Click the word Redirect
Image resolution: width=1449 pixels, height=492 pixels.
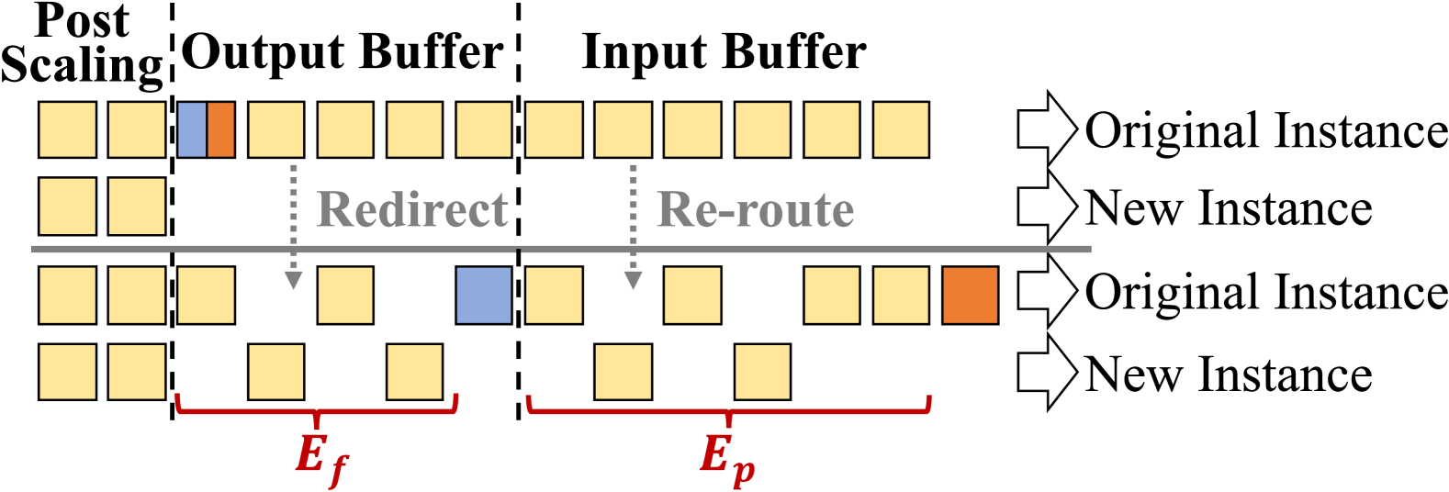(x=411, y=210)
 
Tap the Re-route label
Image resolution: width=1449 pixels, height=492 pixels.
(x=755, y=210)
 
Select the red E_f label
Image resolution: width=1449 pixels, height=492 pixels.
(x=320, y=456)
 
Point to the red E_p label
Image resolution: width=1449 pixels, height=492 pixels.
(x=726, y=456)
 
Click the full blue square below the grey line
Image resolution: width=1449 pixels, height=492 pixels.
(x=484, y=296)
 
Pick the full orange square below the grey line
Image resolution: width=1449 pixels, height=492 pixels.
(x=971, y=296)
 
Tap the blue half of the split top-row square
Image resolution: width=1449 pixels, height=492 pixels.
(x=192, y=129)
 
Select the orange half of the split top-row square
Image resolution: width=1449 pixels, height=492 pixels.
(x=221, y=129)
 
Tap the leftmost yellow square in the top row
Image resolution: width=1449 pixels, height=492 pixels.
(x=67, y=129)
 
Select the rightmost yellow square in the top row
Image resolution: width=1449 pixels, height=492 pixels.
(x=901, y=129)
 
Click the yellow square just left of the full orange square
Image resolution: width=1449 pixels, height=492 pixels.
(x=901, y=296)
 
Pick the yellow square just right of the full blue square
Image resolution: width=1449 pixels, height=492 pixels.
(x=554, y=296)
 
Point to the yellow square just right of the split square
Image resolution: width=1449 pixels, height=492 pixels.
(x=276, y=129)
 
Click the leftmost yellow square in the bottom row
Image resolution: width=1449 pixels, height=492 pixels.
(x=67, y=372)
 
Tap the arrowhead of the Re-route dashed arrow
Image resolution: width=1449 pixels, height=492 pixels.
(x=633, y=280)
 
